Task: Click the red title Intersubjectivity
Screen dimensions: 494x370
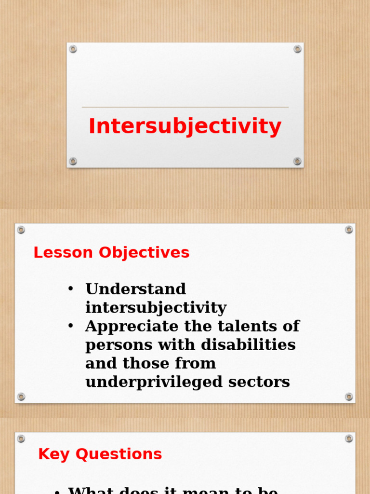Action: point(185,126)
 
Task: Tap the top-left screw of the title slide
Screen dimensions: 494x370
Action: point(73,49)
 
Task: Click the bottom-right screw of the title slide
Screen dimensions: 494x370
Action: point(297,161)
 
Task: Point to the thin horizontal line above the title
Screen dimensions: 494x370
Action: point(185,107)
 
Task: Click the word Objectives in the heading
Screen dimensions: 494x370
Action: point(145,253)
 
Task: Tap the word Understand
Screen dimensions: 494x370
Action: point(135,289)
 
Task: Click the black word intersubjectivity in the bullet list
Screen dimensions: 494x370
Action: point(156,308)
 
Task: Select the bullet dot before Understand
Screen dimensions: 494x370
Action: point(71,288)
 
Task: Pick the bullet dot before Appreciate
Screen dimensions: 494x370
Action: point(71,326)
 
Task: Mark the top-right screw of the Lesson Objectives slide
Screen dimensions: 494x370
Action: point(349,230)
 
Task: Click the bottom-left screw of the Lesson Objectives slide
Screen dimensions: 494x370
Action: point(21,397)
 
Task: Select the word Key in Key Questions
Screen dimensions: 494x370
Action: point(54,454)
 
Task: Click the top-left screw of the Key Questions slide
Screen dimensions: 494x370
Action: point(21,439)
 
